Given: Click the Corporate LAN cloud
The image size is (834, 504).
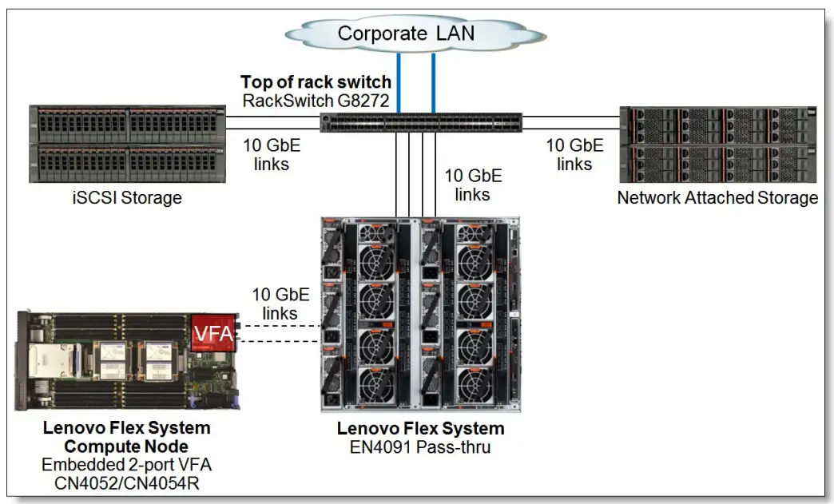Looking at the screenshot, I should pyautogui.click(x=405, y=34).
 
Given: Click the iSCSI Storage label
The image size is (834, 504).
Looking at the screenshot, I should pyautogui.click(x=126, y=197).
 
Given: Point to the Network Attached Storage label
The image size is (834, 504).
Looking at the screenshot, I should pyautogui.click(x=717, y=197).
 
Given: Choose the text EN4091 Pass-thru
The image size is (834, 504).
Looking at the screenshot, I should pyautogui.click(x=421, y=447).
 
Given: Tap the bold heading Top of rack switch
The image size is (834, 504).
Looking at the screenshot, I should pyautogui.click(x=316, y=81).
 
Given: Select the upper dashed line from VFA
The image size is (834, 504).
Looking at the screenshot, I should pyautogui.click(x=279, y=326).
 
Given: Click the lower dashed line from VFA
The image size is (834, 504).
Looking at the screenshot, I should pyautogui.click(x=279, y=342).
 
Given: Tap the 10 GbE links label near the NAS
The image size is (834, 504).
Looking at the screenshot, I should pyautogui.click(x=574, y=155).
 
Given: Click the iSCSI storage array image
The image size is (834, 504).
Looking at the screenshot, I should pyautogui.click(x=126, y=144).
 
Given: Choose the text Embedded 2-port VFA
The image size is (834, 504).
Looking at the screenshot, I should pyautogui.click(x=126, y=466).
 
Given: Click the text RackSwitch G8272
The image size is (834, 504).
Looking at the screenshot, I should pyautogui.click(x=316, y=101).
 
